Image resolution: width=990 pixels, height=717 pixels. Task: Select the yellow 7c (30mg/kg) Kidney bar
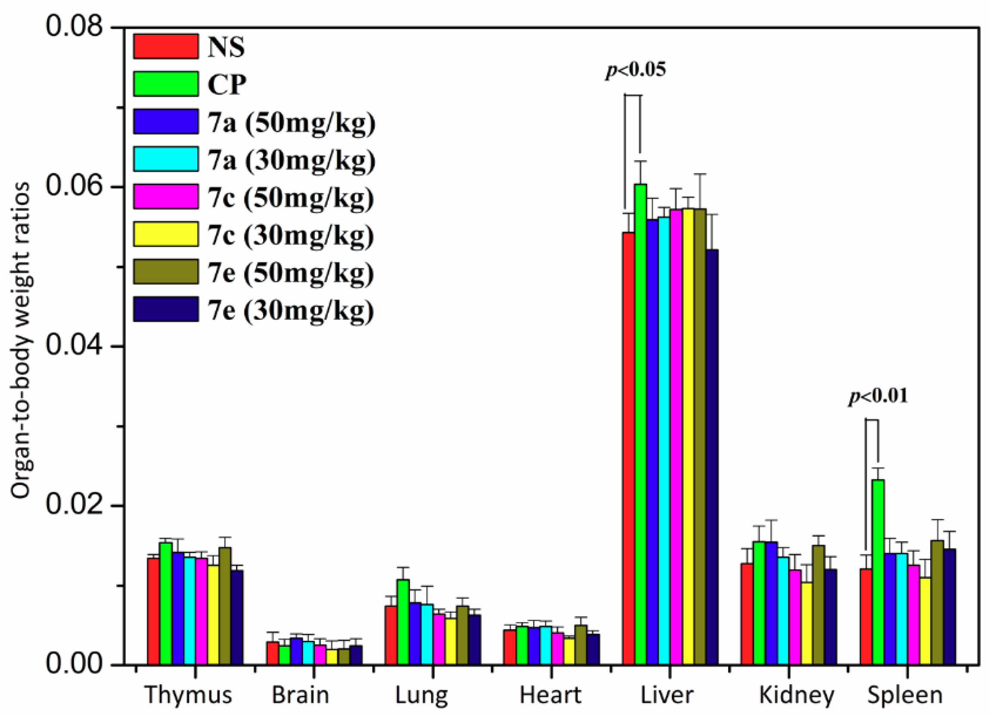pyautogui.click(x=806, y=623)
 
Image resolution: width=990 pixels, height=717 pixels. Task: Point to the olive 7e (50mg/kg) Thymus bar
pyautogui.click(x=225, y=606)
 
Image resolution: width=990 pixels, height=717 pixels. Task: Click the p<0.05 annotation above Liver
pyautogui.click(x=636, y=70)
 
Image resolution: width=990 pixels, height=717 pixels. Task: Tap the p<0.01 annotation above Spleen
pyautogui.click(x=878, y=396)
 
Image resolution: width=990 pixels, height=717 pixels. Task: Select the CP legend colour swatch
pyautogui.click(x=166, y=84)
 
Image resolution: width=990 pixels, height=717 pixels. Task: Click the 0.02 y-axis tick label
pyautogui.click(x=74, y=506)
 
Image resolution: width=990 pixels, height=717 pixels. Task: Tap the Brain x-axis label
pyautogui.click(x=300, y=695)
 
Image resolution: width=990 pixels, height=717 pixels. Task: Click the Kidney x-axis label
pyautogui.click(x=796, y=695)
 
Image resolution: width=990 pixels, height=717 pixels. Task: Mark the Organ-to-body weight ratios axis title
pyautogui.click(x=21, y=340)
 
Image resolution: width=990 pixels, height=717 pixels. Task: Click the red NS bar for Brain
pyautogui.click(x=273, y=653)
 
